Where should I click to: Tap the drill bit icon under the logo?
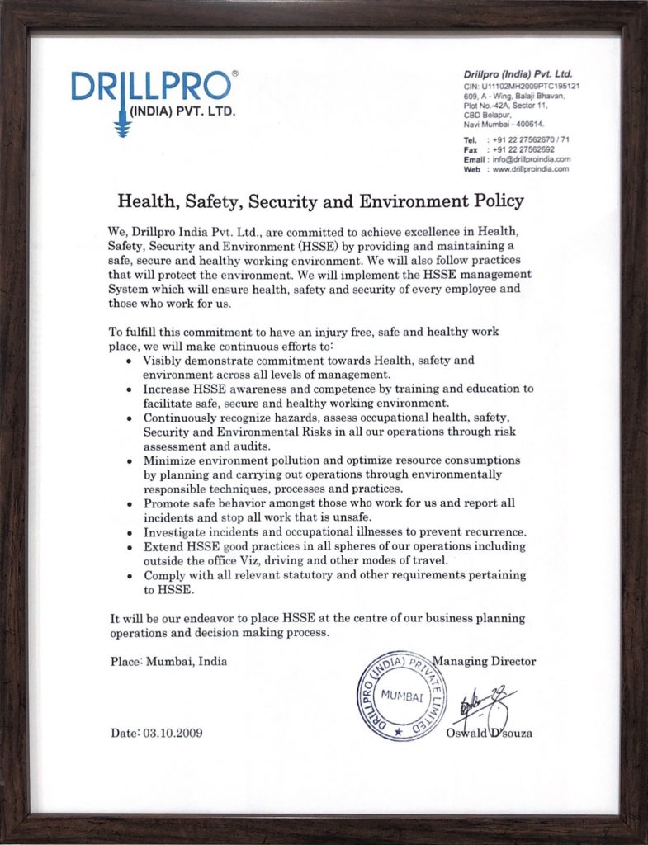click(x=124, y=121)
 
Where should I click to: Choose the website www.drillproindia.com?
click(x=531, y=168)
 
